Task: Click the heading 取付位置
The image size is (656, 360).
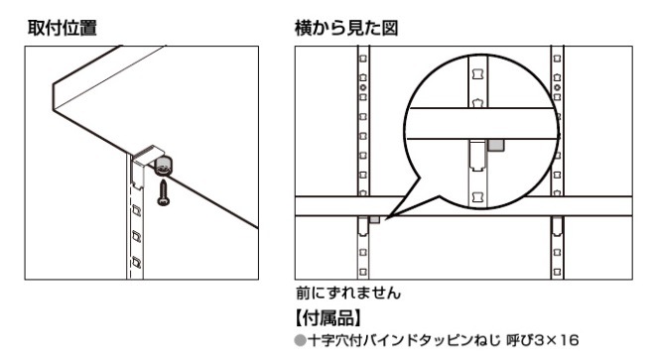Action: pos(63,28)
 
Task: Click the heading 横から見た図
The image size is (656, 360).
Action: pos(346,28)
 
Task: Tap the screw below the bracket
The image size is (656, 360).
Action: pos(163,192)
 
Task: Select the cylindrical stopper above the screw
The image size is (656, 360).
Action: pos(164,166)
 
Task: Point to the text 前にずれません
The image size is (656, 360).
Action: pos(348,293)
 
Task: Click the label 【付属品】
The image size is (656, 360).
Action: pos(328,318)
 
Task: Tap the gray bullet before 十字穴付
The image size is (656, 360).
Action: pos(300,341)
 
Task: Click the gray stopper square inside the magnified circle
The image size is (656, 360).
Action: pos(496,146)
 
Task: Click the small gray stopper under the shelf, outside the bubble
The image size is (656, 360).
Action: pos(374,219)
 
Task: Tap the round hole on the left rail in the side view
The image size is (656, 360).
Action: pos(362,87)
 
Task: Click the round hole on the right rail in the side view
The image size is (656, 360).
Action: pos(558,87)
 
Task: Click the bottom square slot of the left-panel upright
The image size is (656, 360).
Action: pos(136,263)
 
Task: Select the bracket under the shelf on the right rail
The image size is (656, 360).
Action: pos(557,227)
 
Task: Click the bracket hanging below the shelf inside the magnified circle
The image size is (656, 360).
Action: pos(477,156)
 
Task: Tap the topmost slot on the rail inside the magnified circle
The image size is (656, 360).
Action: pos(477,74)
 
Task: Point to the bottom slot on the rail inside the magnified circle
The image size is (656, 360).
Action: pos(477,197)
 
